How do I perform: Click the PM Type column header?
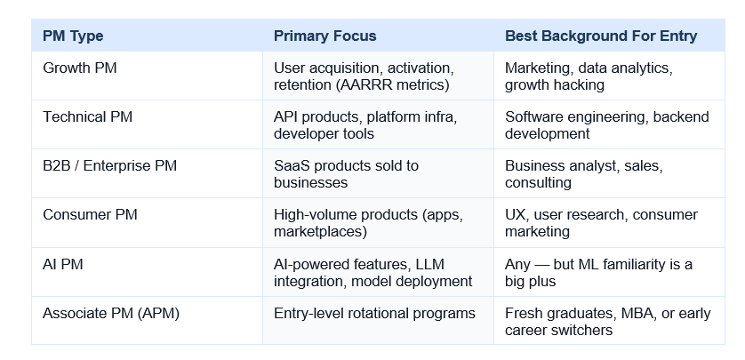(x=73, y=36)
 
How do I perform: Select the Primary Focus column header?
(x=325, y=36)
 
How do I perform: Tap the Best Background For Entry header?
(x=601, y=36)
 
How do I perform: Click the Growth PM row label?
(x=79, y=68)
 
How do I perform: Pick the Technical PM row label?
(x=87, y=116)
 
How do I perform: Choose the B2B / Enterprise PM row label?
(x=109, y=165)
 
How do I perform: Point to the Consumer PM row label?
(x=90, y=215)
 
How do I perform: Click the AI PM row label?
(x=63, y=264)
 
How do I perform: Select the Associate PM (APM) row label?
(x=111, y=314)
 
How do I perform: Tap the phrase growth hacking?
(x=555, y=85)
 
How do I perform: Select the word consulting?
(x=538, y=183)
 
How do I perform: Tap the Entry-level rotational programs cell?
(x=374, y=314)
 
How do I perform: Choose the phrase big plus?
(x=530, y=281)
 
